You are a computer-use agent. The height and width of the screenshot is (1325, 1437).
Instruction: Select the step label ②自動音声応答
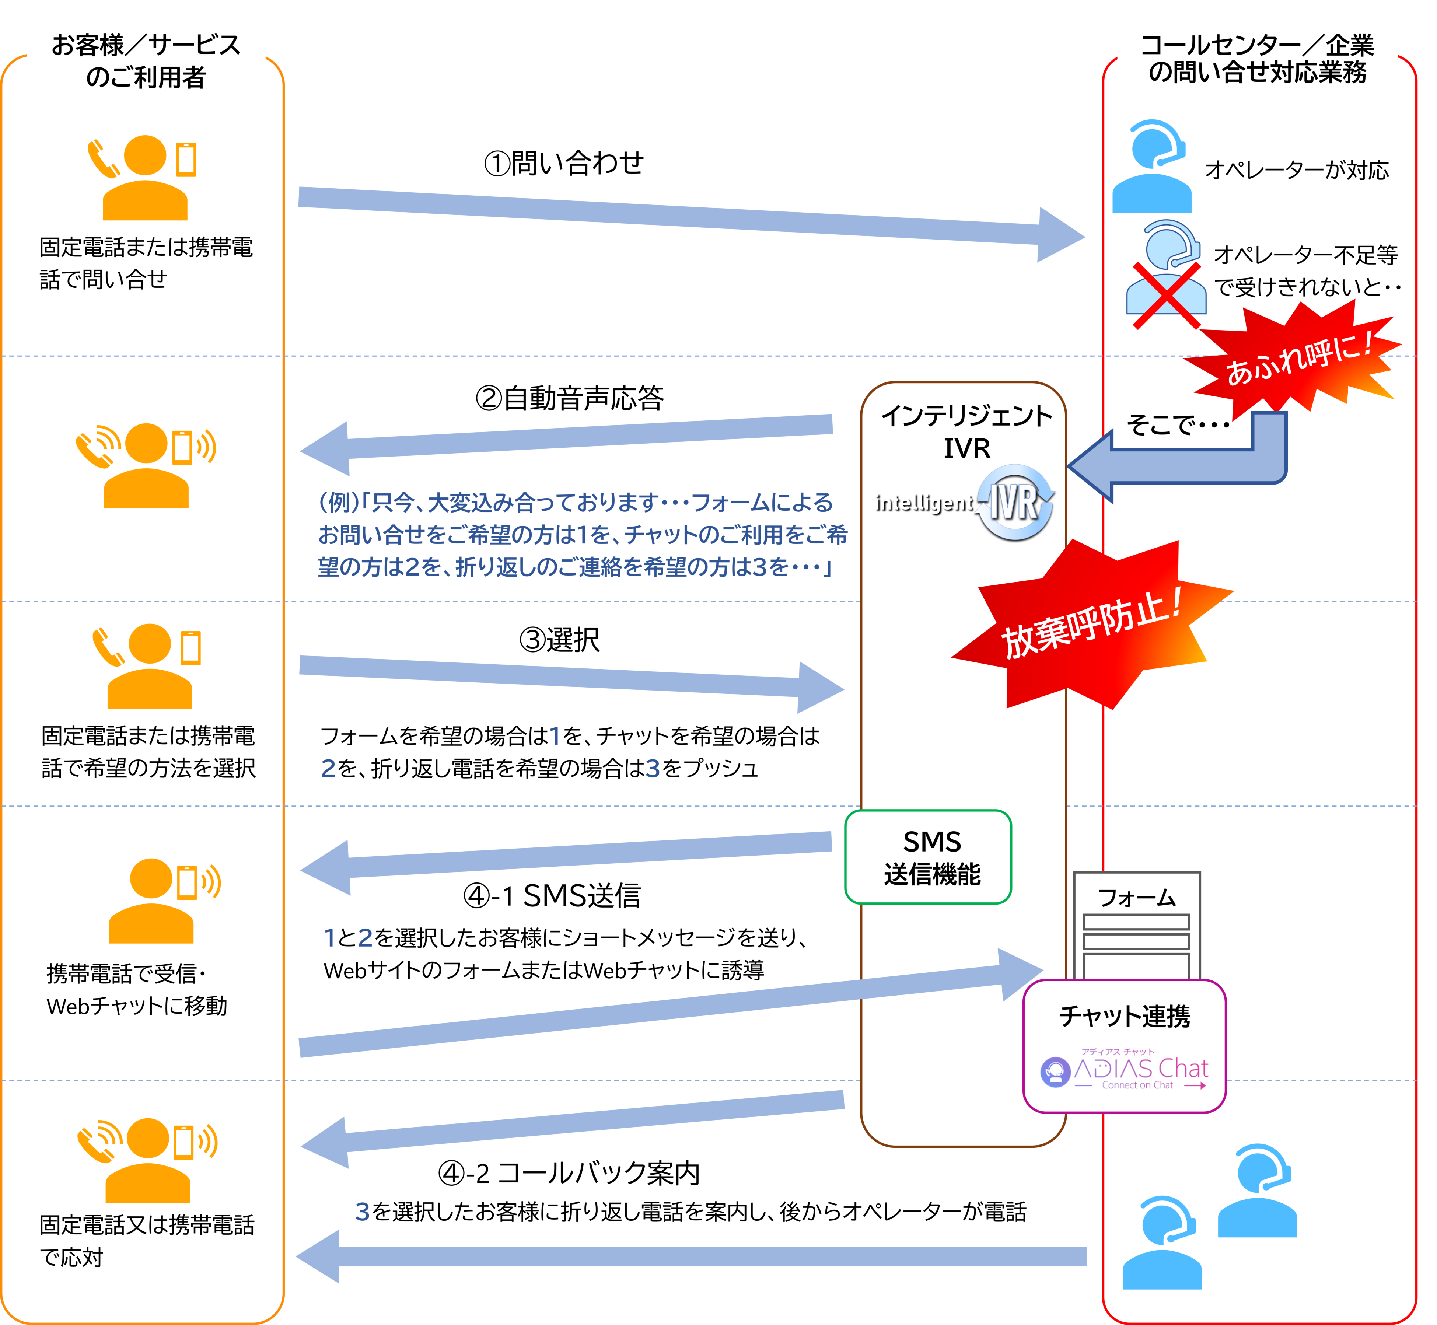click(569, 398)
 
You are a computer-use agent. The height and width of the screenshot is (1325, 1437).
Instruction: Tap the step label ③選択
click(559, 640)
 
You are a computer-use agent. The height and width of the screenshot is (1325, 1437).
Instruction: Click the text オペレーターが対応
click(1297, 170)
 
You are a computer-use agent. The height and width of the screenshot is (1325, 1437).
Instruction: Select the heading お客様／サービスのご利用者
click(146, 61)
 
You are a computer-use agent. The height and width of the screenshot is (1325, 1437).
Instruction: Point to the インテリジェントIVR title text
click(966, 431)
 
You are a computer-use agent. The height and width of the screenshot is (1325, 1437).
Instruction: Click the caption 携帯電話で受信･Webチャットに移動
click(136, 989)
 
